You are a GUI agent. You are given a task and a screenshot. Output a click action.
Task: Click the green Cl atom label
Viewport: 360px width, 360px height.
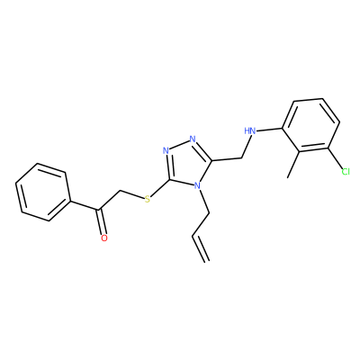(x=346, y=172)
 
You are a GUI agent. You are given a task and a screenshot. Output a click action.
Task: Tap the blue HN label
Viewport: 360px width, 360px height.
(x=250, y=131)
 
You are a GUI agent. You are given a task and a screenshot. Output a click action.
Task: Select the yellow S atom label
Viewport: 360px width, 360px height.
(x=147, y=199)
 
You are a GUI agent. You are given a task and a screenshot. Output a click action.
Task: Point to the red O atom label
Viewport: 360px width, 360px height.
(x=104, y=238)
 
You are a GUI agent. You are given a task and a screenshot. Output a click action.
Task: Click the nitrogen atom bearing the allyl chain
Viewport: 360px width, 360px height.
(x=197, y=186)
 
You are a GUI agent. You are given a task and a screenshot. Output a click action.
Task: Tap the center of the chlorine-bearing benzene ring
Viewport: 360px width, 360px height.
(x=310, y=125)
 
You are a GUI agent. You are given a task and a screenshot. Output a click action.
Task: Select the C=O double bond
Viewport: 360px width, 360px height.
(x=101, y=221)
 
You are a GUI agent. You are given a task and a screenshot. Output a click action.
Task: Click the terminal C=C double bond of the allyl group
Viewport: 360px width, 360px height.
(x=200, y=248)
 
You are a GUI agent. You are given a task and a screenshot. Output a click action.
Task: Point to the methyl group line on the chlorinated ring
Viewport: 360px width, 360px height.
(x=293, y=164)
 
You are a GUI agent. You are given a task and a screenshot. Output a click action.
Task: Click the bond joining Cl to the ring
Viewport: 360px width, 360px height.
(x=336, y=158)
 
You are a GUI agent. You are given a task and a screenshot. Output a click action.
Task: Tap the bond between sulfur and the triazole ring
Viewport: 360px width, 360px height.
(x=160, y=187)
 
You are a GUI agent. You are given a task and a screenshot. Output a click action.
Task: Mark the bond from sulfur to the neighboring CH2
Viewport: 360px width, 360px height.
(x=131, y=194)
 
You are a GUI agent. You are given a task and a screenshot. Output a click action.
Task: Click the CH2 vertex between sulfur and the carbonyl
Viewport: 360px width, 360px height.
(x=120, y=191)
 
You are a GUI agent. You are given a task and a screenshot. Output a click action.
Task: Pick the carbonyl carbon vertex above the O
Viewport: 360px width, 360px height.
(x=98, y=209)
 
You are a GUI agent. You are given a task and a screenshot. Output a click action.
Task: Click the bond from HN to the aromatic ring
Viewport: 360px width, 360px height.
(x=269, y=130)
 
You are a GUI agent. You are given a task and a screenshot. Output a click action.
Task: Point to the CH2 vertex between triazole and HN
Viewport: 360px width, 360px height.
(x=241, y=158)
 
